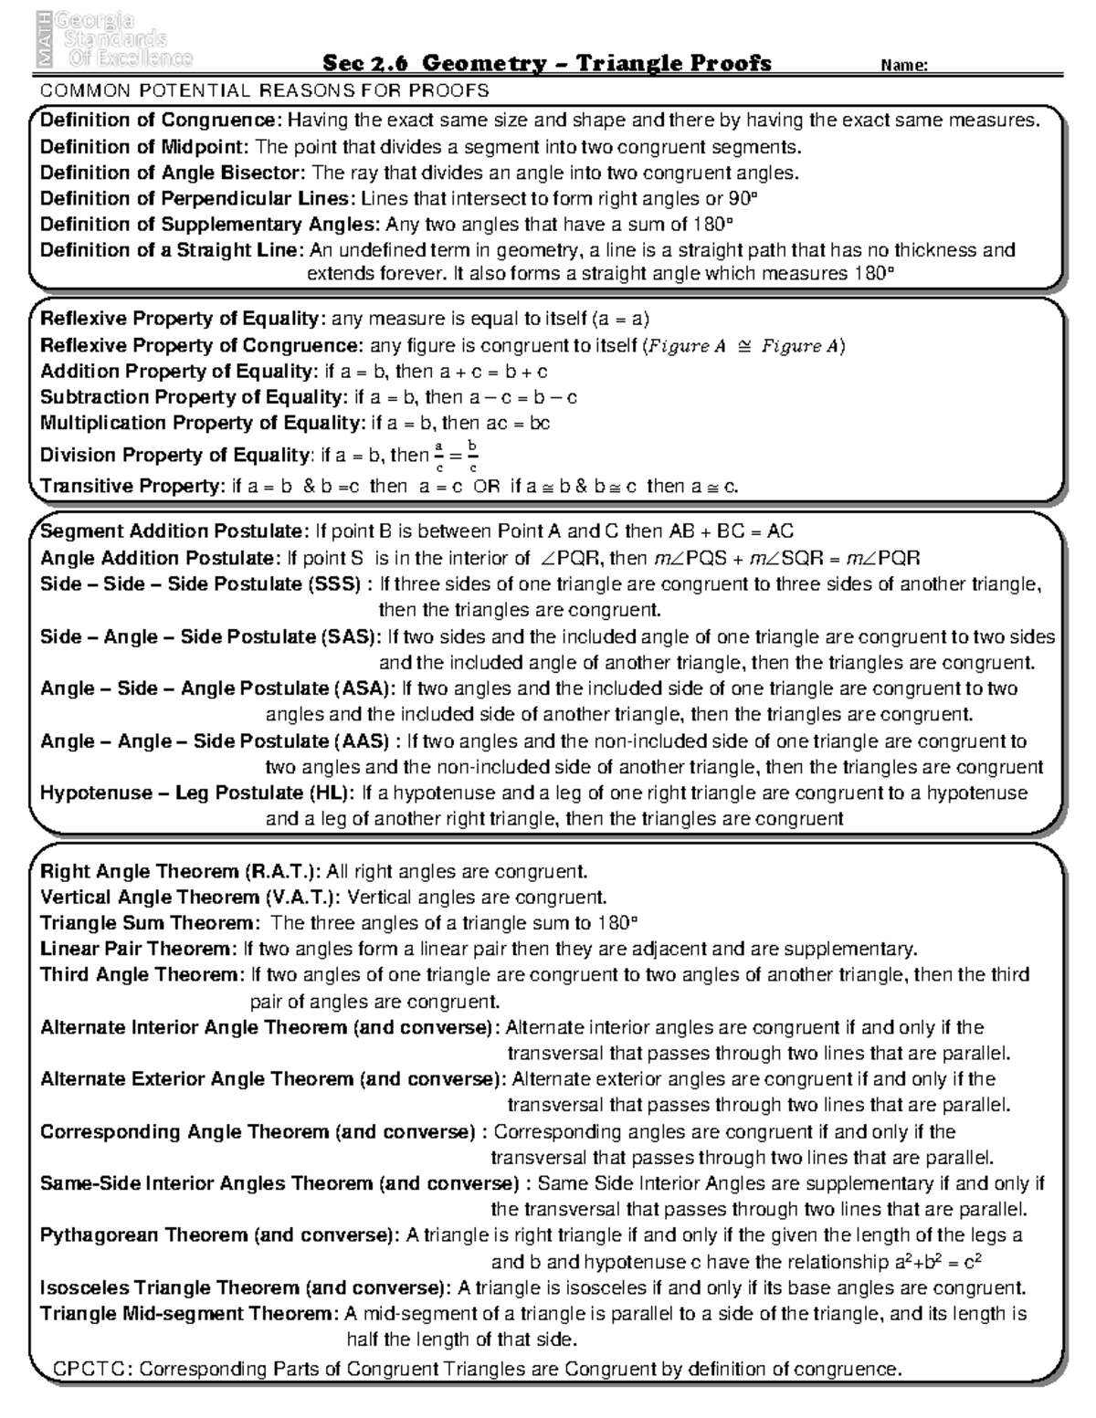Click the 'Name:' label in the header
pyautogui.click(x=904, y=65)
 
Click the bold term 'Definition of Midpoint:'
pyautogui.click(x=144, y=147)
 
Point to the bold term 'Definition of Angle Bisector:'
pyautogui.click(x=174, y=173)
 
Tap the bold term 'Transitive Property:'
pyautogui.click(x=132, y=486)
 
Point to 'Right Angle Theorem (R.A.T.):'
pyautogui.click(x=181, y=871)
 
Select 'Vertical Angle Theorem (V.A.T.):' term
pyautogui.click(x=191, y=898)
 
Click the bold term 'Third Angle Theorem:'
pyautogui.click(x=142, y=975)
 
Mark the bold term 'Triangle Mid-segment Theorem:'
pyautogui.click(x=190, y=1314)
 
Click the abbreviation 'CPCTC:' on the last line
pyautogui.click(x=93, y=1370)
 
